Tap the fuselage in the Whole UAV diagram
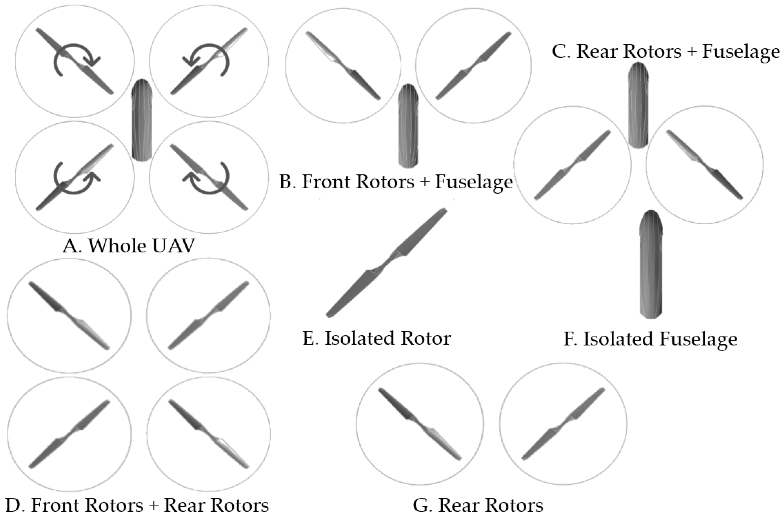point(142,120)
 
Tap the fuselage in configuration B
point(408,125)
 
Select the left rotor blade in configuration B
point(343,65)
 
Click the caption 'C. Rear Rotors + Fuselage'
point(666,52)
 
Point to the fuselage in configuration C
point(638,105)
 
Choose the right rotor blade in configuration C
point(704,165)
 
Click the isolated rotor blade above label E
point(386,262)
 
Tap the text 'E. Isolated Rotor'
point(376,338)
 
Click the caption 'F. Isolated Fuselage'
point(650,339)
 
